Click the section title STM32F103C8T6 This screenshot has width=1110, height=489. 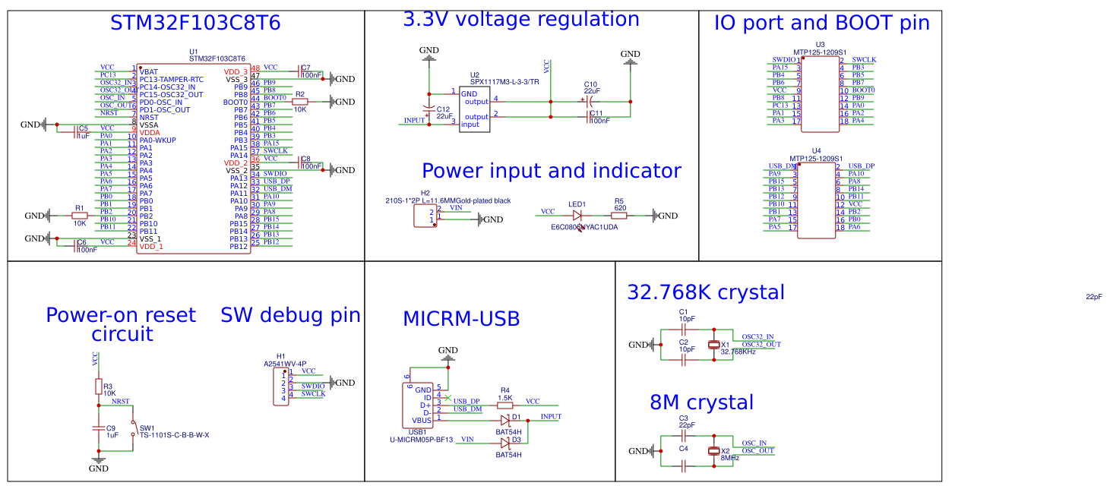coord(195,24)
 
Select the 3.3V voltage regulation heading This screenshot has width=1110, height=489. coord(520,19)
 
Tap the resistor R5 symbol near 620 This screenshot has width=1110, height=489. coord(620,216)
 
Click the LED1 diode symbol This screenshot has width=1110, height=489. coord(577,216)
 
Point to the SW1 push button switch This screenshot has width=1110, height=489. coord(133,429)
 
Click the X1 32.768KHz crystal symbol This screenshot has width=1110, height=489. coord(713,345)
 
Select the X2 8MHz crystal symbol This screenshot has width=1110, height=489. coord(713,451)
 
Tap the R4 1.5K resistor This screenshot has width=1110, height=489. coord(504,405)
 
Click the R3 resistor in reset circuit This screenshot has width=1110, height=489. coord(97,387)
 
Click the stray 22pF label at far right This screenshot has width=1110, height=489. coord(1093,297)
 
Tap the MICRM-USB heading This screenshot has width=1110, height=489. coord(461,319)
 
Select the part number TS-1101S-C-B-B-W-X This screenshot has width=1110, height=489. coord(174,435)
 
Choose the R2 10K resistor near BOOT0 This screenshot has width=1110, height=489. coord(300,102)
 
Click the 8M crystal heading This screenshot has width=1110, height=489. coord(701,402)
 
